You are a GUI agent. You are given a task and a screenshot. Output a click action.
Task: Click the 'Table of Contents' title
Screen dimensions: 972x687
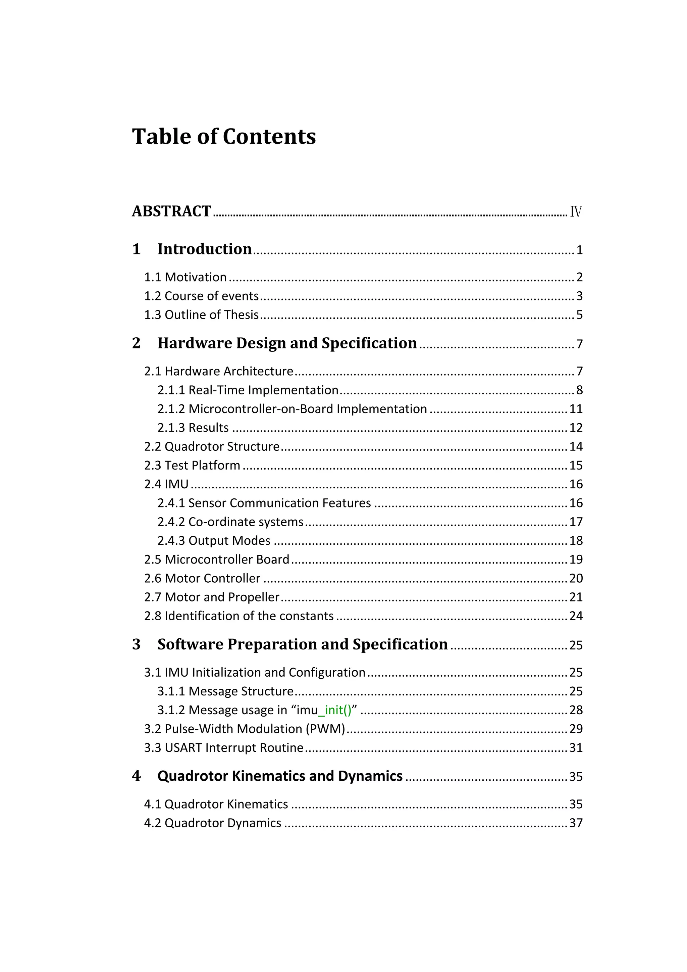pyautogui.click(x=224, y=137)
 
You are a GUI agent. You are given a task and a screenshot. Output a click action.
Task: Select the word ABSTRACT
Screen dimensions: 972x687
pyautogui.click(x=171, y=211)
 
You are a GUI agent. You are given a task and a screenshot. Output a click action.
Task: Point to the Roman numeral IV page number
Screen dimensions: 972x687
pyautogui.click(x=576, y=212)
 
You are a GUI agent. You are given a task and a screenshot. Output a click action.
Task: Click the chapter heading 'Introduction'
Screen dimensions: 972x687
pyautogui.click(x=204, y=249)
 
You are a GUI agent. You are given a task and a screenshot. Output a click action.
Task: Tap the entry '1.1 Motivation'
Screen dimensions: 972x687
pyautogui.click(x=185, y=277)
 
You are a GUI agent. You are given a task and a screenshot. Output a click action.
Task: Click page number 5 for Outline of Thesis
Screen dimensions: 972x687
pyautogui.click(x=579, y=315)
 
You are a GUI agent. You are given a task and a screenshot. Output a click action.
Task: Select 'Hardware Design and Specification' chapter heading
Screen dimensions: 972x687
pyautogui.click(x=287, y=343)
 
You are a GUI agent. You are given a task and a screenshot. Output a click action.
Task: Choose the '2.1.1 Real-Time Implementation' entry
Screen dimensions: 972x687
pyautogui.click(x=248, y=390)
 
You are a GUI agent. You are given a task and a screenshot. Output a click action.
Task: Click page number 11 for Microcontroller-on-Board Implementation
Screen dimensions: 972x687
pyautogui.click(x=576, y=409)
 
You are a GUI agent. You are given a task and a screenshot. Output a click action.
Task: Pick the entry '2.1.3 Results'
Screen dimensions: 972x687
pyautogui.click(x=193, y=428)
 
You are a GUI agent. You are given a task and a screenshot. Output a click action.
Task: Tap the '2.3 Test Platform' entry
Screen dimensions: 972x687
pyautogui.click(x=192, y=465)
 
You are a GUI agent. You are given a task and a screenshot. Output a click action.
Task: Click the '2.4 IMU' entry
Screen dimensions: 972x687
pyautogui.click(x=166, y=484)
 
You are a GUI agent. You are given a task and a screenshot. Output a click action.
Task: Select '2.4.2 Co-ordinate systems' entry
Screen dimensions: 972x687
pyautogui.click(x=230, y=522)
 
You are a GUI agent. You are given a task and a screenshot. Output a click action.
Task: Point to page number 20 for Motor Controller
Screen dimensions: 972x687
pyautogui.click(x=576, y=578)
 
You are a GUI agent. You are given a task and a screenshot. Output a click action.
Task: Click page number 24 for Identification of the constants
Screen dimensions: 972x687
pyautogui.click(x=576, y=616)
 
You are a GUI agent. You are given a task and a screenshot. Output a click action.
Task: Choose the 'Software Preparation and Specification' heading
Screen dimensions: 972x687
pyautogui.click(x=303, y=644)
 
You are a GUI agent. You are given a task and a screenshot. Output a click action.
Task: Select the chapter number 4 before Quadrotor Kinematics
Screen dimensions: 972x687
pyautogui.click(x=136, y=776)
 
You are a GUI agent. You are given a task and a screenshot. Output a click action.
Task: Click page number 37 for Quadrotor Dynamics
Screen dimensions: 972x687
pyautogui.click(x=576, y=823)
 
